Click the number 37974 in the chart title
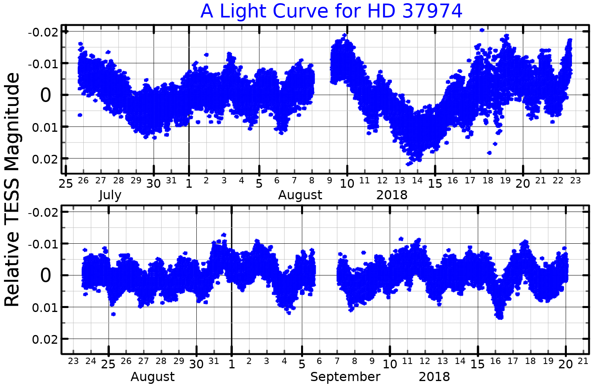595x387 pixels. (x=432, y=11)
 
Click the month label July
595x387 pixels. (x=110, y=195)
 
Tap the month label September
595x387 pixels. (x=345, y=377)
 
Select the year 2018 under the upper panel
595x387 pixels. (x=392, y=195)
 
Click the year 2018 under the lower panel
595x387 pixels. (x=434, y=377)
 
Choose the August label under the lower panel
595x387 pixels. (x=153, y=377)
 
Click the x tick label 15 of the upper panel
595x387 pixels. (x=435, y=183)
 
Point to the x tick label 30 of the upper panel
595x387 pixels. (x=154, y=183)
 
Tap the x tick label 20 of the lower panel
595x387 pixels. (x=566, y=364)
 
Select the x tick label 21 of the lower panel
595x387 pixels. (x=583, y=361)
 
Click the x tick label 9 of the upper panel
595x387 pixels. (x=329, y=181)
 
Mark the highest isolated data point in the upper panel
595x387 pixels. (x=482, y=30)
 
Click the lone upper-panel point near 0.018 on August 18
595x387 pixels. (x=489, y=153)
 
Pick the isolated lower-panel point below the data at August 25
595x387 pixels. (x=113, y=314)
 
